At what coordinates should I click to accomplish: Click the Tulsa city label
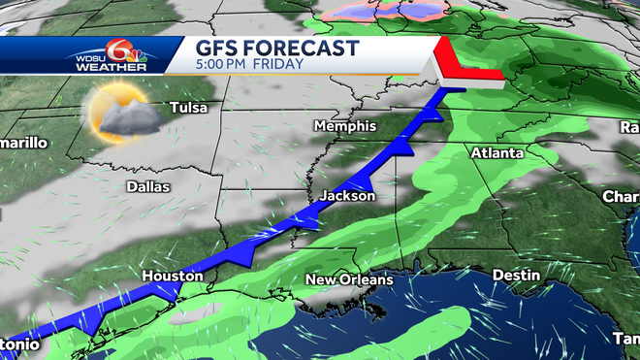(190, 108)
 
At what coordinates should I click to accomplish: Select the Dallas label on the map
(147, 186)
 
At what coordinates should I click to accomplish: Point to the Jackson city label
(347, 196)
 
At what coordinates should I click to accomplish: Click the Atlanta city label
(496, 153)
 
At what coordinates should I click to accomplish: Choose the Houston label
(173, 277)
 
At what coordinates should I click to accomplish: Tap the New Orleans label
(349, 280)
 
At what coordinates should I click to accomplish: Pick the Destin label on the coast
(516, 276)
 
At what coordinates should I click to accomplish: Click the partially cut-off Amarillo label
(21, 144)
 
